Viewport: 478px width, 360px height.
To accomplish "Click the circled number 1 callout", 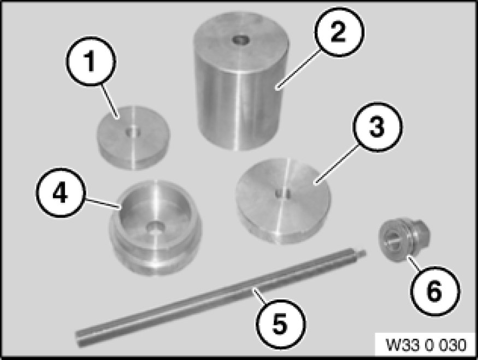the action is pos(91,61).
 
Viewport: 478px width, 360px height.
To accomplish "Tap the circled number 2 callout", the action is pos(339,32).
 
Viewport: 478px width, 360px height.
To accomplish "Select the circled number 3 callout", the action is pos(377,127).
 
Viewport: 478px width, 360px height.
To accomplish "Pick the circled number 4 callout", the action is pos(60,192).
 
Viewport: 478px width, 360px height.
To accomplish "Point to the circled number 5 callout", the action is pos(280,324).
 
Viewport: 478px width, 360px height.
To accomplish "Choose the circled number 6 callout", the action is pos(435,291).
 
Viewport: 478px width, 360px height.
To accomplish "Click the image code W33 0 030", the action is pos(426,345).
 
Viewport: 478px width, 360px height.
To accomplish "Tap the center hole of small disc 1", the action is pos(133,132).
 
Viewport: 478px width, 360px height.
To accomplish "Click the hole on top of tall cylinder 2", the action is pos(240,40).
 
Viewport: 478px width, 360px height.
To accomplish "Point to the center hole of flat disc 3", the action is pos(282,193).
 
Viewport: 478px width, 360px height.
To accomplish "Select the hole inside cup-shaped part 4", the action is pos(156,228).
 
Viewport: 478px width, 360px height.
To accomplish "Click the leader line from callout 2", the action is pos(298,69).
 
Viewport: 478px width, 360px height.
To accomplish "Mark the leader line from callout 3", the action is pos(337,164).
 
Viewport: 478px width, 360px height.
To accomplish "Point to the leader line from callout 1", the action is pos(110,100).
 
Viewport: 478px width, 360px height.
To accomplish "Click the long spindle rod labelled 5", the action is pos(221,298).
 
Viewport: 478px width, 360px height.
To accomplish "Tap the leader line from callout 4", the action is pos(101,203).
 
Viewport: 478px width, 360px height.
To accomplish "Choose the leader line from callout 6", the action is pos(414,262).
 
